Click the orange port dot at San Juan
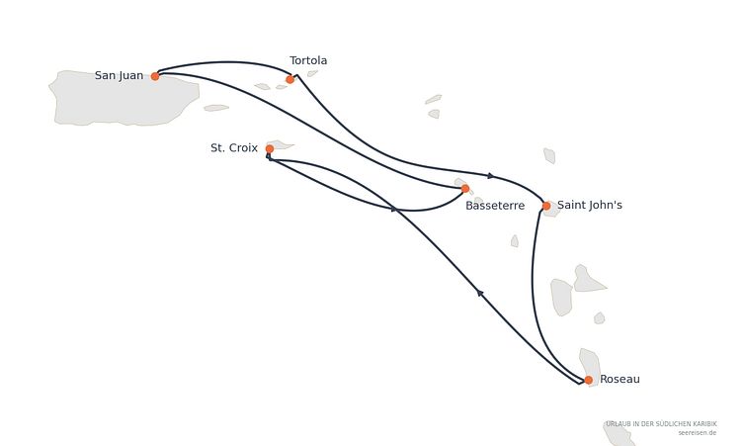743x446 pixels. pos(155,76)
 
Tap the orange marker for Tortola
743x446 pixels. pos(290,79)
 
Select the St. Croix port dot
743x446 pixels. pos(270,149)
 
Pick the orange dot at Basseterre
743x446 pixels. pos(465,189)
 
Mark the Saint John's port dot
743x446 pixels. pos(546,206)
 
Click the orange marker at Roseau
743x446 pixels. pos(589,380)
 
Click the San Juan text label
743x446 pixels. pos(119,75)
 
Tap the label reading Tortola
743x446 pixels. pos(308,60)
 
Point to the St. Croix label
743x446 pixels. pos(234,148)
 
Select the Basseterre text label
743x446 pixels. pos(495,206)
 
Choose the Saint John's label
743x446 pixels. pos(590,205)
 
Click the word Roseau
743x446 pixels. pos(619,379)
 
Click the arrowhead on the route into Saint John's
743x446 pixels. pos(490,176)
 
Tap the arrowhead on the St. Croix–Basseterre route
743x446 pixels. pos(393,209)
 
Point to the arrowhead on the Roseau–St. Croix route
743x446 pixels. pos(480,293)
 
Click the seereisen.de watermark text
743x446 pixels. pos(697,433)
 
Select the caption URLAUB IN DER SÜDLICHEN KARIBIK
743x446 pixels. pos(662,423)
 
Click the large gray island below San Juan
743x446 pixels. pos(124,99)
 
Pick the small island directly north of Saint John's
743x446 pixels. pos(549,155)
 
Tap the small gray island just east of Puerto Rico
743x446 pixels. pos(216,108)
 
